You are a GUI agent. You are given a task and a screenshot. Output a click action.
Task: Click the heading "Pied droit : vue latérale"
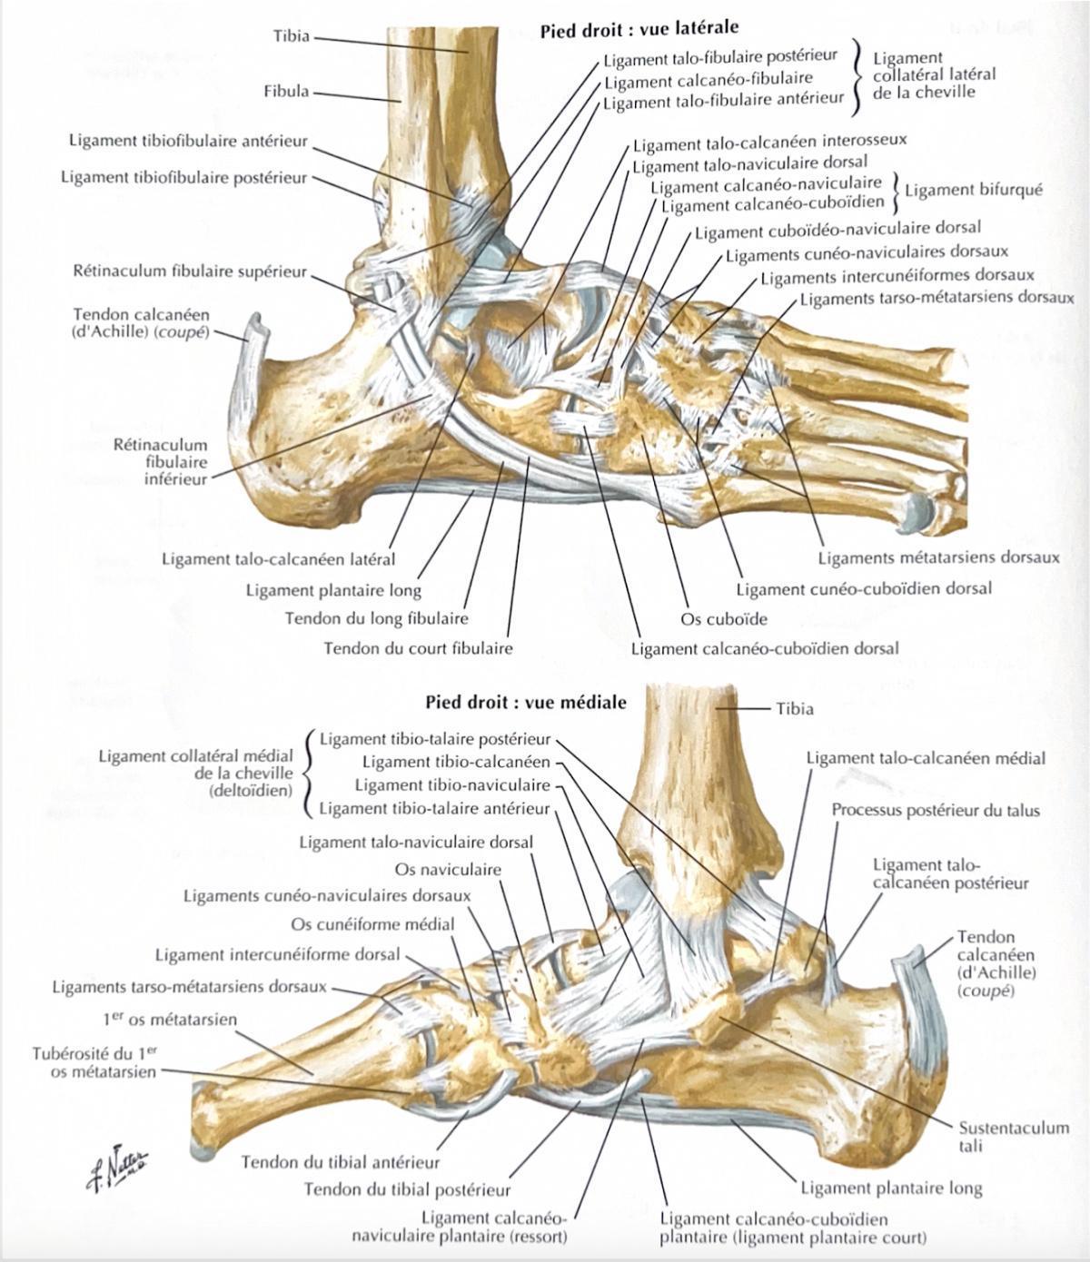point(639,30)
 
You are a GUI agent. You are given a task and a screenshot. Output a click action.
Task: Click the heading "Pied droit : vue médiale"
point(526,702)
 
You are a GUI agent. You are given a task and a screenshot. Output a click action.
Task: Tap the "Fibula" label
point(286,92)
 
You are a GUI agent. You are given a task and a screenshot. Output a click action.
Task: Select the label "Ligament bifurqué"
point(974,190)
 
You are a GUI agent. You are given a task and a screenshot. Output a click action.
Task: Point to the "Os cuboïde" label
point(724,619)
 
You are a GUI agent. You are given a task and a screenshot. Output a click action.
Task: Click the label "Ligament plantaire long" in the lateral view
point(333,590)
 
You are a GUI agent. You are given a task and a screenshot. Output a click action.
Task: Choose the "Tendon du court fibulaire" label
point(418,647)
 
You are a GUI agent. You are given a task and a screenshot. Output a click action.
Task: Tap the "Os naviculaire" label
point(448,869)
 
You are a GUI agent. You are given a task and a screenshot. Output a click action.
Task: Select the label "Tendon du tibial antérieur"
point(341,1162)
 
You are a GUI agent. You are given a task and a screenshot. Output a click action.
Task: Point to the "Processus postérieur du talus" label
point(936,810)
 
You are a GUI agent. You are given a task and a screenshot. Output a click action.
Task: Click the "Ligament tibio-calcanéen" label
point(456,762)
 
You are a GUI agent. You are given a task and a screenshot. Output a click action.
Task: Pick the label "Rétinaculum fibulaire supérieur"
point(190,271)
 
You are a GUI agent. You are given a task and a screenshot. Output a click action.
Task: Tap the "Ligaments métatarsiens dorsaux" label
point(939,557)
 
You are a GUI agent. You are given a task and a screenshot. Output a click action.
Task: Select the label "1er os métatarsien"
point(170,1019)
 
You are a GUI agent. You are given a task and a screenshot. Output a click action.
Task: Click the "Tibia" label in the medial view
point(795,709)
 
